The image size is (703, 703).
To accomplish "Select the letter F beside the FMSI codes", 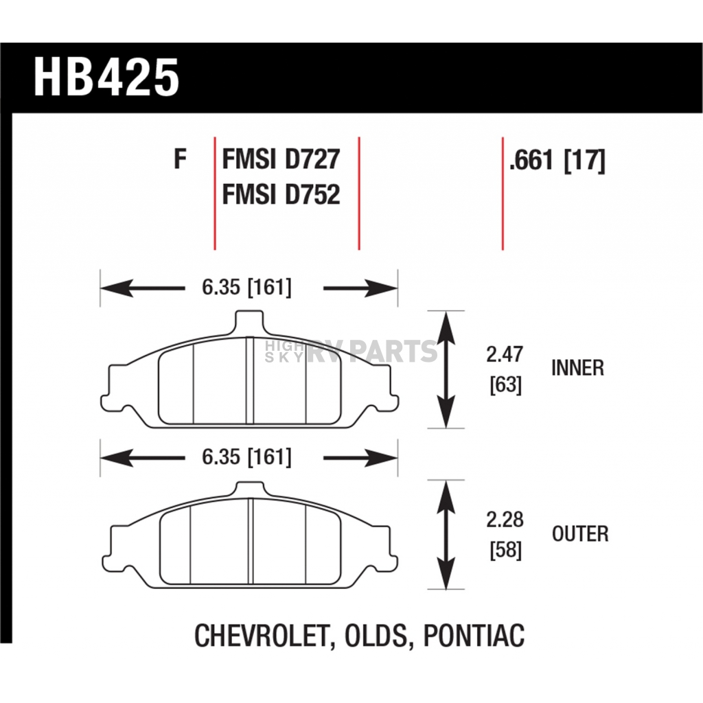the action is point(181,159).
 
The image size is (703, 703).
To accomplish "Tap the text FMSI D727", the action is point(281,159).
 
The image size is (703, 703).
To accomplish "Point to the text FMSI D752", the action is point(281,194).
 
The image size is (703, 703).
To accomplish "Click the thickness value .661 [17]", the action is point(557,160).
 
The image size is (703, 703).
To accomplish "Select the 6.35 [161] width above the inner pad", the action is point(246,287).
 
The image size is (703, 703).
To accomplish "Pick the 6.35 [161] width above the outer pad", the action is point(246,457).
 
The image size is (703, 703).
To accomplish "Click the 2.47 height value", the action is point(505,354).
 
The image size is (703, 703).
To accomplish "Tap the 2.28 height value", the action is point(505,520).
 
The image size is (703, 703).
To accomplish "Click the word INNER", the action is point(577,368).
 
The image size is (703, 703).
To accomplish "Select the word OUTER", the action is point(580,533).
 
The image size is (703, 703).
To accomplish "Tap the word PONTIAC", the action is point(474,635).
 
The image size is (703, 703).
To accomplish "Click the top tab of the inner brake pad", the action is point(249,322).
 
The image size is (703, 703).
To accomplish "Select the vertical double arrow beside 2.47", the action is point(446,369).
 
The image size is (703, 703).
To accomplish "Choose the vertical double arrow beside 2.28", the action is point(446,535).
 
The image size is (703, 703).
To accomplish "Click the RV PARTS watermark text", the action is point(371,351).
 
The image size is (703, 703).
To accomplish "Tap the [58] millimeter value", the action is point(506,550).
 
